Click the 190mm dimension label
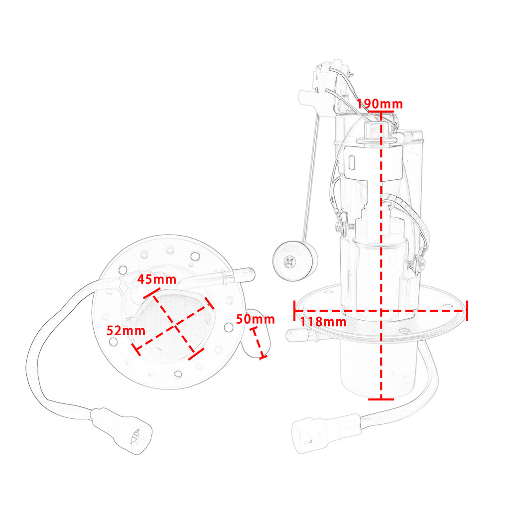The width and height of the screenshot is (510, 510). [380, 104]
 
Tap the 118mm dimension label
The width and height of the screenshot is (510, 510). [323, 322]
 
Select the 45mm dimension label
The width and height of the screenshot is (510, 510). [156, 279]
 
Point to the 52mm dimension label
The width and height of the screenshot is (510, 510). [126, 331]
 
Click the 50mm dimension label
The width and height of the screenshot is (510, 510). [255, 319]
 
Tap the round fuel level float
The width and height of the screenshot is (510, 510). [295, 261]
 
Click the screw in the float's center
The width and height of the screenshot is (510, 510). [289, 262]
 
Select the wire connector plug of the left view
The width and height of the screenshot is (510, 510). [122, 430]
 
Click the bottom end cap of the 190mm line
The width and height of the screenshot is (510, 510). [381, 399]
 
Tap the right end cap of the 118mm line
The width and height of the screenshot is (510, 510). [467, 311]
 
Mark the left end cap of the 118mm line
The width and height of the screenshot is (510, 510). [295, 311]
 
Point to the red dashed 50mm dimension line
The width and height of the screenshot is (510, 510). [258, 344]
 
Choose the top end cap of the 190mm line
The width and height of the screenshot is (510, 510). [381, 112]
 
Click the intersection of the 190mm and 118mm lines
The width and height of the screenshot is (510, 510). [381, 311]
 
